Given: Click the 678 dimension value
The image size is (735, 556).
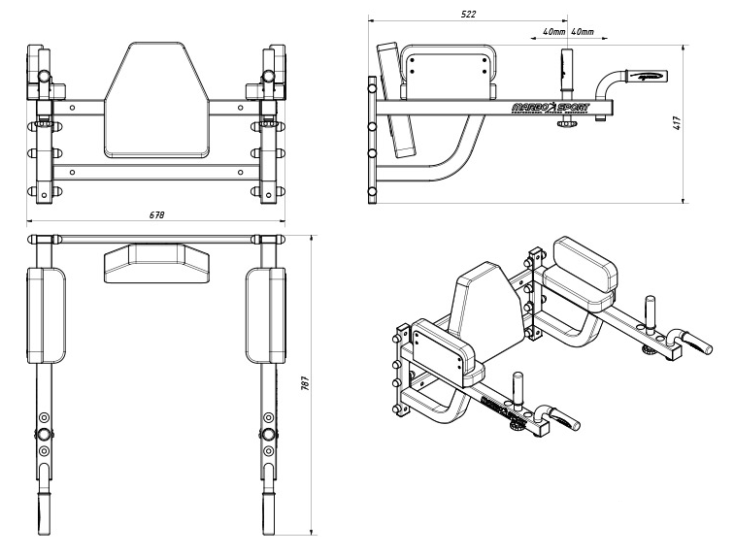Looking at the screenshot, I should click(x=155, y=214).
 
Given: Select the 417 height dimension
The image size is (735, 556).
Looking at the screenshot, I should click(x=676, y=123).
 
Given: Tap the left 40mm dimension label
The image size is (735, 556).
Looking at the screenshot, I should click(x=553, y=32).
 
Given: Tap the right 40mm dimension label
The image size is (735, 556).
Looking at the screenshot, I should click(x=584, y=32).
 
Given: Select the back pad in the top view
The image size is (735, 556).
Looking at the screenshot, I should click(x=155, y=262).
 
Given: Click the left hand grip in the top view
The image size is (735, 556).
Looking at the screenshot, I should click(x=44, y=509).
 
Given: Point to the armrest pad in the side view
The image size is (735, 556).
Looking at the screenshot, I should click(x=446, y=78).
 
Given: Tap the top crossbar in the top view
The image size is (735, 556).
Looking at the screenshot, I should click(x=155, y=237).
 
